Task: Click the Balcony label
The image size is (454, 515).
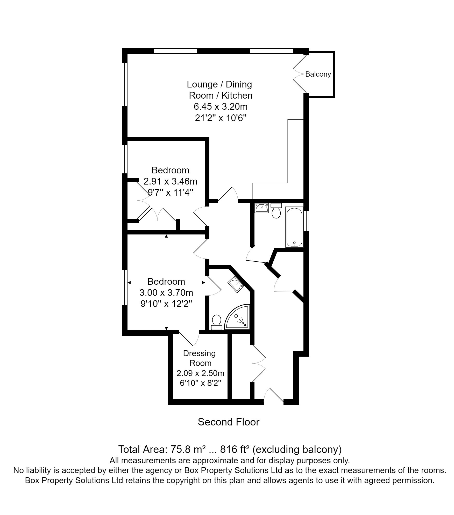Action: (x=318, y=74)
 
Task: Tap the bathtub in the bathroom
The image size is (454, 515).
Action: (x=294, y=227)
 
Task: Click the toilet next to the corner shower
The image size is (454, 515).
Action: (x=216, y=322)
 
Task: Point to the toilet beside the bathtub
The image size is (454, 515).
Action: (x=276, y=211)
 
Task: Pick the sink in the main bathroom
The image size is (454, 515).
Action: (x=261, y=208)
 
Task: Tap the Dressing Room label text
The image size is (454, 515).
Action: (x=200, y=358)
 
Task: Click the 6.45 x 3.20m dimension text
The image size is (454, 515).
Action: (x=221, y=107)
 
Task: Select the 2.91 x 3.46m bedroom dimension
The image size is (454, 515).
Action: (x=170, y=181)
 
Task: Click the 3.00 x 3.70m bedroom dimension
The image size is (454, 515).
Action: (x=166, y=293)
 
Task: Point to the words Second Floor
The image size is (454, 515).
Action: (x=228, y=422)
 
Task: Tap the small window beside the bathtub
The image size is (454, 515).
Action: (x=306, y=221)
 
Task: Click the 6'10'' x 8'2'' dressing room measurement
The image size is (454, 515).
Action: (x=200, y=383)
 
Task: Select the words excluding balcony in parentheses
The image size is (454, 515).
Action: (x=297, y=450)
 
